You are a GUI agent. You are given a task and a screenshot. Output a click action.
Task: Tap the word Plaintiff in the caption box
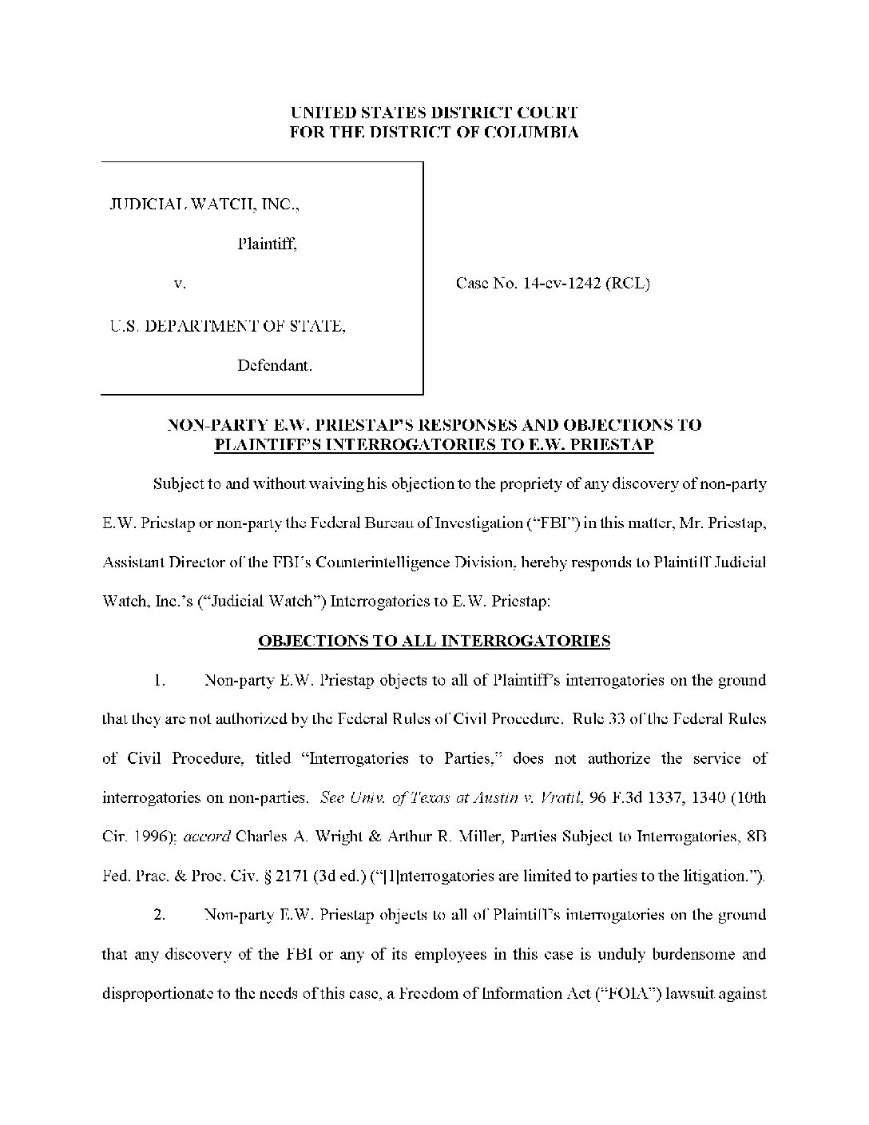click(267, 244)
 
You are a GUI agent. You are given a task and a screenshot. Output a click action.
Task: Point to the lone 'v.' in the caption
click(180, 283)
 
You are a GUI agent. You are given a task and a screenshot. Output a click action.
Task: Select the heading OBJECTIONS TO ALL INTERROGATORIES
click(434, 641)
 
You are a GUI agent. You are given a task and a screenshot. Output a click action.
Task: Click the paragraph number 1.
click(160, 681)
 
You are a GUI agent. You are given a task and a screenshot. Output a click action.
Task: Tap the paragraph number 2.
click(160, 915)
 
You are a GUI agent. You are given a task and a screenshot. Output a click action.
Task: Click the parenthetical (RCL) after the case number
click(628, 283)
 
